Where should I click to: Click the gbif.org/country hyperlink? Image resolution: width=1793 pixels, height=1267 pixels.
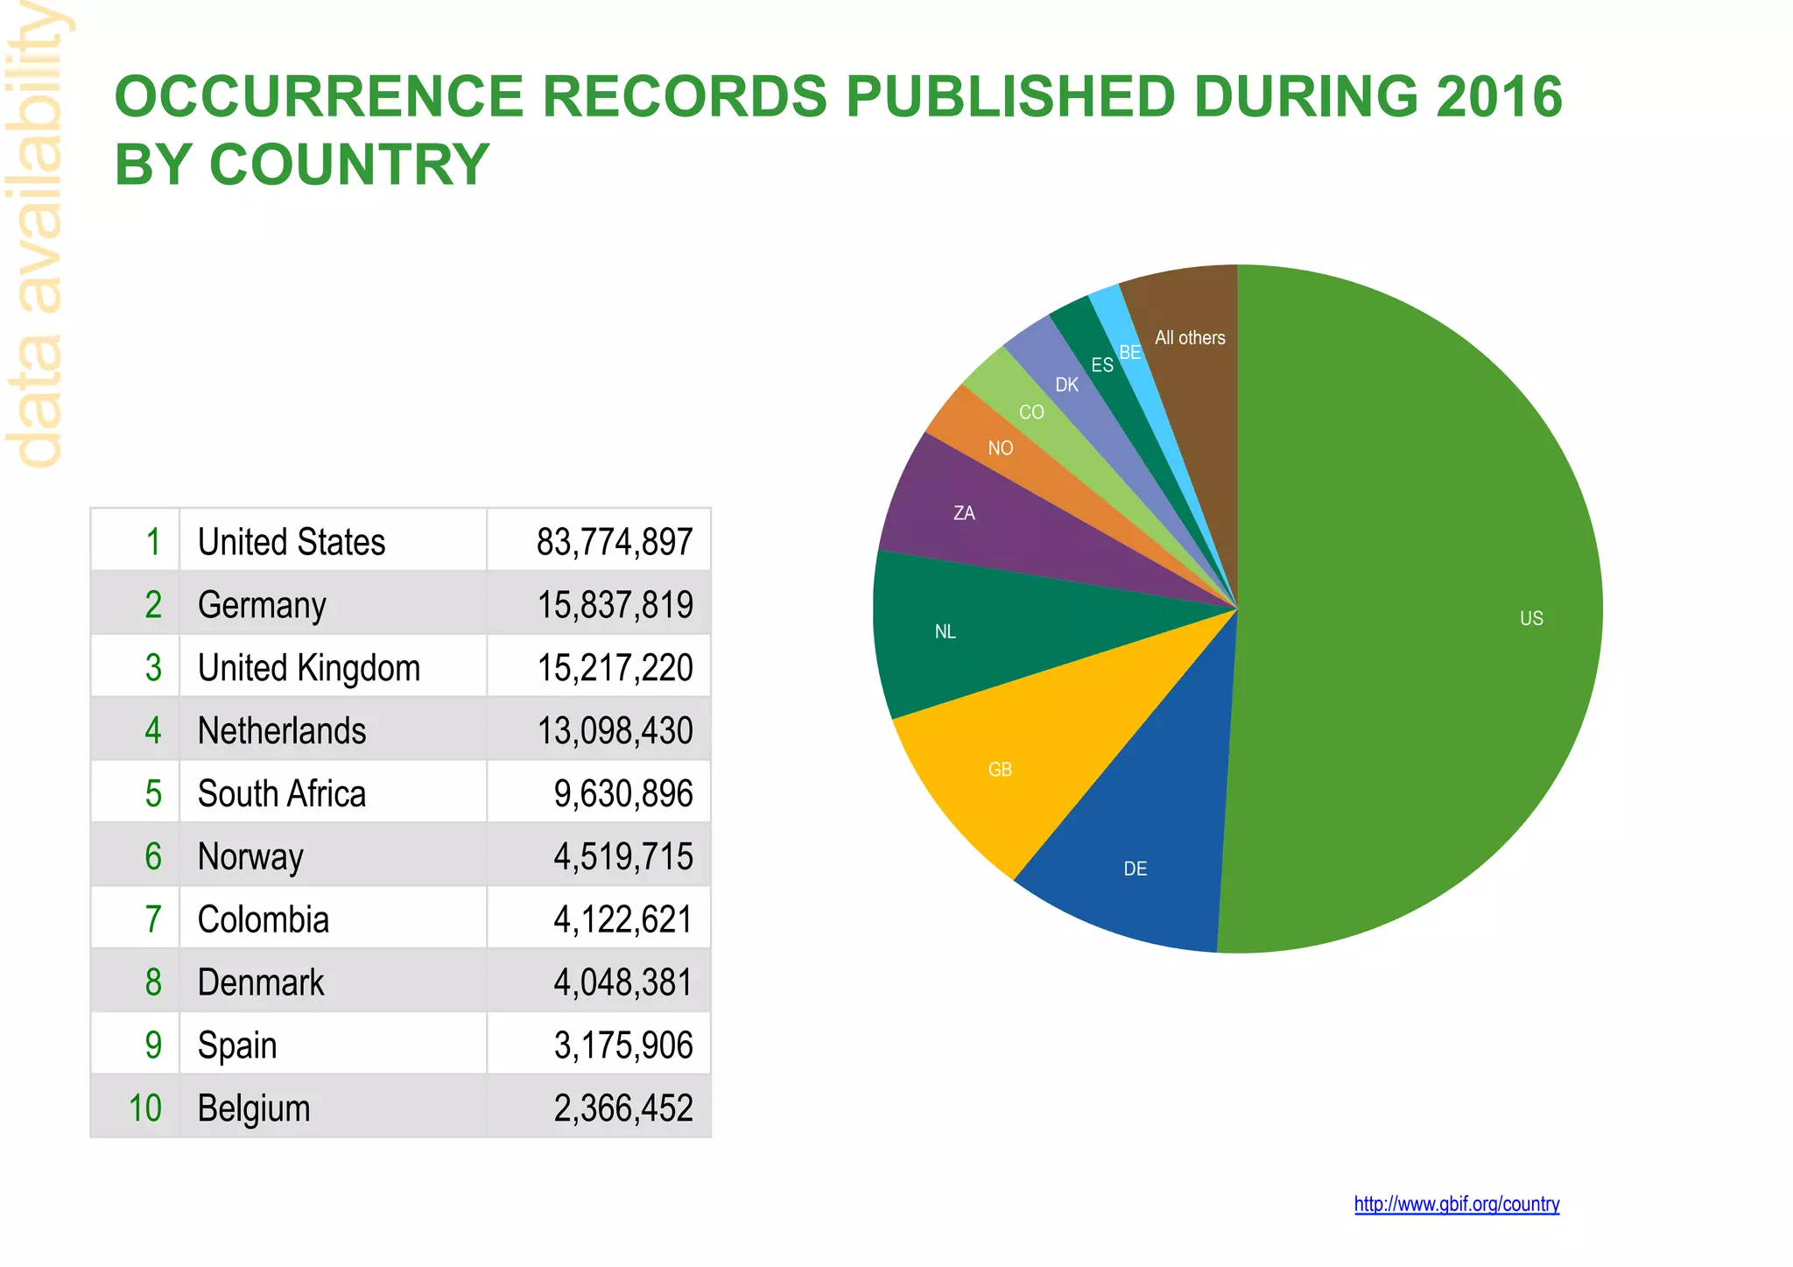click(1456, 1204)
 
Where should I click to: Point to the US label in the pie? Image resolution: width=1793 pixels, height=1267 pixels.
click(1531, 619)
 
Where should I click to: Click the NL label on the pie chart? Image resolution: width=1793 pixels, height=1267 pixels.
click(945, 632)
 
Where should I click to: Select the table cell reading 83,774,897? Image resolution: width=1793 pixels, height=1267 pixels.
click(614, 542)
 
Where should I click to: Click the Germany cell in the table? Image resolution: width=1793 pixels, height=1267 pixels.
click(262, 605)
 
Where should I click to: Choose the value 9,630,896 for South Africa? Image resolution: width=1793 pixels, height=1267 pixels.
click(622, 793)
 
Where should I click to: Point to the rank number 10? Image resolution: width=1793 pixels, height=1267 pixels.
click(144, 1109)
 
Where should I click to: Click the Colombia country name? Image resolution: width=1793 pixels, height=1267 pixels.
click(264, 919)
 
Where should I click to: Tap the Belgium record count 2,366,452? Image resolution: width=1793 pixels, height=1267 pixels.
click(622, 1109)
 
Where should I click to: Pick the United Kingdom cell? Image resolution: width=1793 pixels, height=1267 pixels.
click(309, 668)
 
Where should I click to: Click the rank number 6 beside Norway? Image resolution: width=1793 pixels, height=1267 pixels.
click(153, 856)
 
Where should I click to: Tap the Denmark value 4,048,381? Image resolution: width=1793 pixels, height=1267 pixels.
click(622, 982)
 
